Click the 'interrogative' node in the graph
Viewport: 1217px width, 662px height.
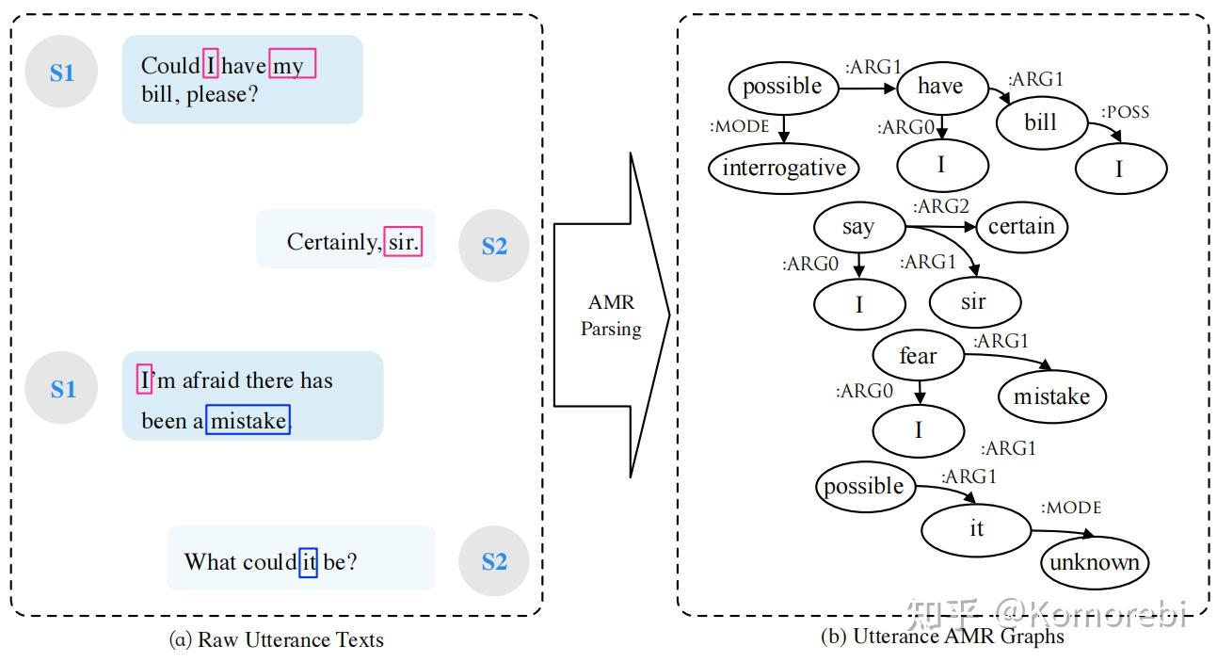click(x=783, y=169)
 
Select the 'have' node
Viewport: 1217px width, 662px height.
click(x=941, y=87)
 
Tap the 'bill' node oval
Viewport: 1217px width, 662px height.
click(x=1041, y=122)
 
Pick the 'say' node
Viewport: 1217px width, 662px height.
click(x=858, y=227)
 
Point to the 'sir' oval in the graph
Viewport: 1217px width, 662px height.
click(x=973, y=301)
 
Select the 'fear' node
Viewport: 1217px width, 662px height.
click(x=918, y=356)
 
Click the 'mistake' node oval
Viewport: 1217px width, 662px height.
click(x=1051, y=396)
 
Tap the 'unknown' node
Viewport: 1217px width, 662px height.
click(x=1095, y=563)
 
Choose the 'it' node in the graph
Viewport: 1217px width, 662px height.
click(x=976, y=528)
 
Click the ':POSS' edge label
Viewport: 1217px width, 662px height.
click(x=1125, y=112)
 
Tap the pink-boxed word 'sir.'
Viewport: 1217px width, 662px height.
click(x=403, y=242)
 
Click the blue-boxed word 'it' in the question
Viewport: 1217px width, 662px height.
click(x=308, y=562)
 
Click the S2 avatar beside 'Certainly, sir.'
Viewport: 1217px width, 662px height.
click(x=494, y=246)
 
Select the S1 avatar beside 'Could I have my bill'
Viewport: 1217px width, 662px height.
click(x=61, y=72)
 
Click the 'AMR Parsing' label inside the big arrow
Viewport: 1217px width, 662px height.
click(x=611, y=315)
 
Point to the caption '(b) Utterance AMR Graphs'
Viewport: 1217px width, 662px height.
click(x=942, y=637)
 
